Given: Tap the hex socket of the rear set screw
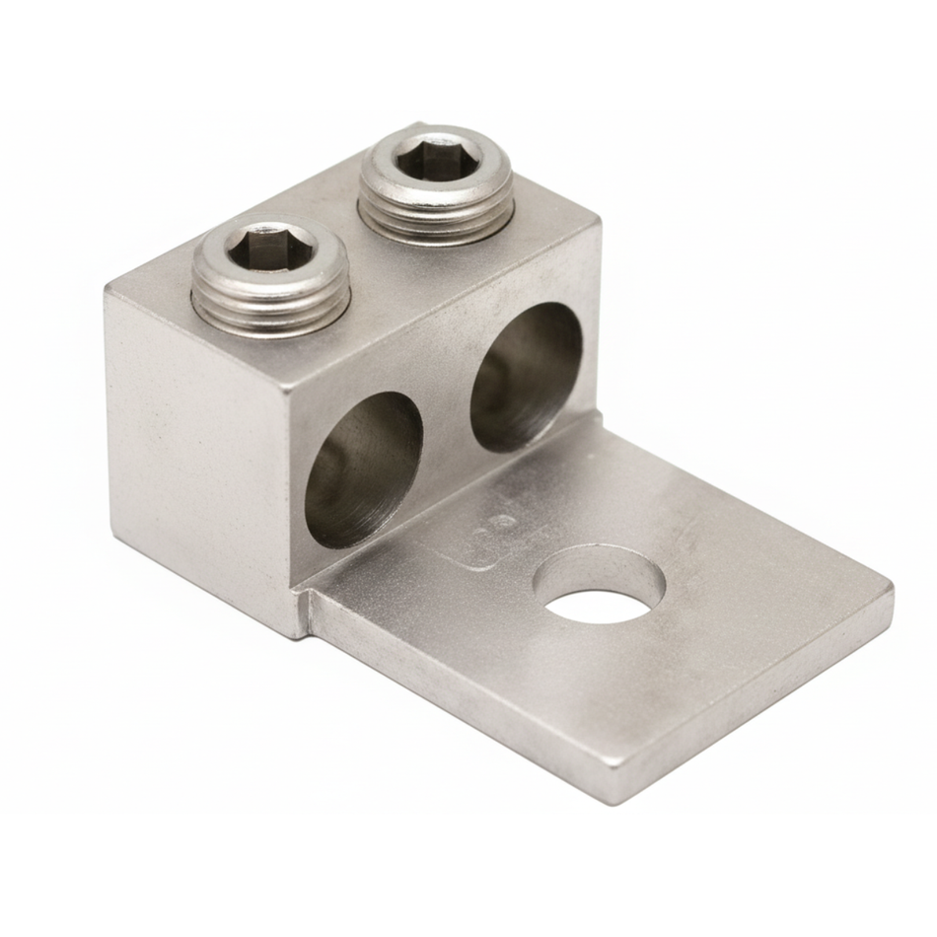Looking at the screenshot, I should pyautogui.click(x=435, y=159).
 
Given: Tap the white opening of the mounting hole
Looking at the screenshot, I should pyautogui.click(x=598, y=602).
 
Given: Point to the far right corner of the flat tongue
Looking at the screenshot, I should pyautogui.click(x=891, y=590).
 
